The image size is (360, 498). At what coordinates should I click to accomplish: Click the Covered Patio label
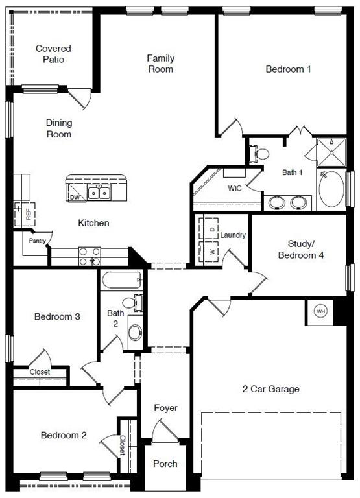(53, 54)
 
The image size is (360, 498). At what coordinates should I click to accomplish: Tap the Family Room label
(160, 64)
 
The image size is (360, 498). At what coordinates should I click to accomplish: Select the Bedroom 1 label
(288, 69)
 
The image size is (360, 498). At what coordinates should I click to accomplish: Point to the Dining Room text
(59, 128)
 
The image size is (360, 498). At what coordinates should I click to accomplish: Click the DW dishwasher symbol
(75, 196)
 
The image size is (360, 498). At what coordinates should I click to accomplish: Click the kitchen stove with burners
(90, 256)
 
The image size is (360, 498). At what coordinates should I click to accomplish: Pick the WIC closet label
(234, 188)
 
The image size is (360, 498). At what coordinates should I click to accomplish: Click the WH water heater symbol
(320, 311)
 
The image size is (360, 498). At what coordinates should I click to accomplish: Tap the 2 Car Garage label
(271, 389)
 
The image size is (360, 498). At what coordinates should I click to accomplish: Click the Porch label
(165, 464)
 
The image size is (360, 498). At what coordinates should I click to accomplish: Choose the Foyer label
(165, 408)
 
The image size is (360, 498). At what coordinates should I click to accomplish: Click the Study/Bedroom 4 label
(306, 250)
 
